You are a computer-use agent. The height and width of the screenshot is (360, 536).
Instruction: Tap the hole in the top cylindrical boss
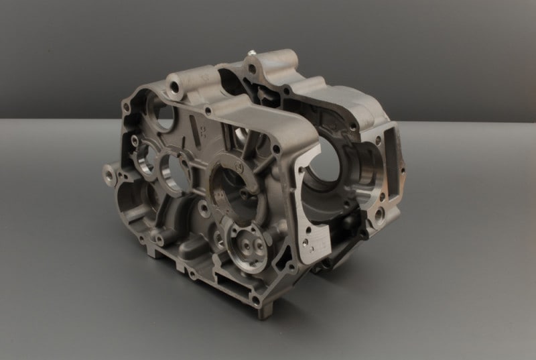pyautogui.click(x=175, y=87)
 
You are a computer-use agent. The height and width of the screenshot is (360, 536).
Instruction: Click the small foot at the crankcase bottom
pyautogui.click(x=263, y=308)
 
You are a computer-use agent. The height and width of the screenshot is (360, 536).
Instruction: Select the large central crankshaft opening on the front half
pyautogui.click(x=231, y=180)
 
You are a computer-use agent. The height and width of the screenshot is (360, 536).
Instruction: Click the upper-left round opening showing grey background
pyautogui.click(x=162, y=117)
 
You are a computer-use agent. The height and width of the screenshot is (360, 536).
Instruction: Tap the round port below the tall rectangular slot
pyautogui.click(x=379, y=213)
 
